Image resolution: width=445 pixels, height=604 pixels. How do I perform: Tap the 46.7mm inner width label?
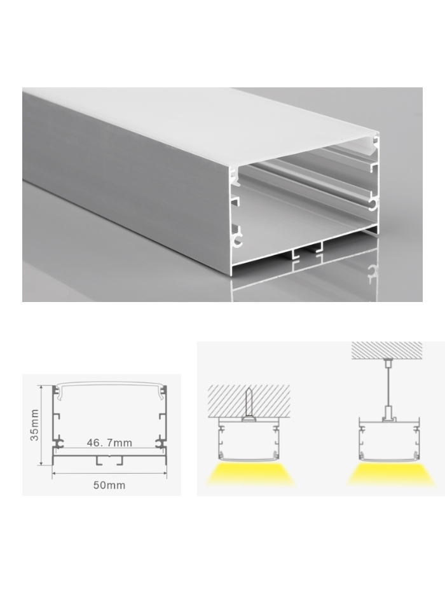[x=109, y=443]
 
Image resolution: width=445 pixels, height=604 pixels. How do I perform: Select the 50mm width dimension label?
[x=109, y=485]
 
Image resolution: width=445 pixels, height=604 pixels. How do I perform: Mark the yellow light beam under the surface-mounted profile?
[x=249, y=474]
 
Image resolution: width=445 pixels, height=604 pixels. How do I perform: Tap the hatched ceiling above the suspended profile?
[x=387, y=349]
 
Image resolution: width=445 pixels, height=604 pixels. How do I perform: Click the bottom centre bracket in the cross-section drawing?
[x=109, y=459]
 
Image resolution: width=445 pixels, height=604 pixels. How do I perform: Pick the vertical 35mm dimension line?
[x=42, y=425]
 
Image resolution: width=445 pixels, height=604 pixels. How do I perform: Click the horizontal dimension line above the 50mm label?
[x=109, y=474]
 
